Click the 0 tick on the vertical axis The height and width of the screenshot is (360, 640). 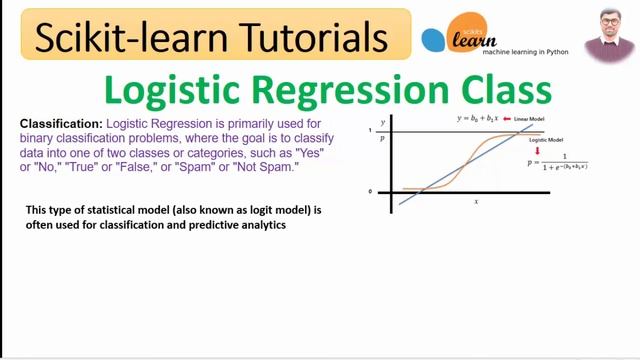(x=369, y=190)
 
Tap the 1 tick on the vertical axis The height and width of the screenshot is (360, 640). (x=369, y=131)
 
